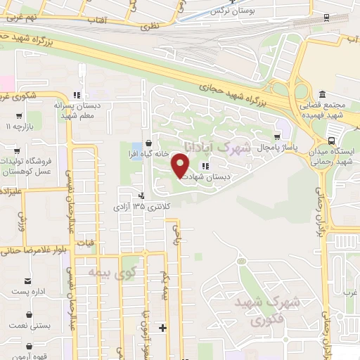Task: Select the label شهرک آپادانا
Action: (x=217, y=146)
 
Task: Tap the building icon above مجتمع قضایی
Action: (x=322, y=95)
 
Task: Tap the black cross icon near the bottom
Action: (x=163, y=328)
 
